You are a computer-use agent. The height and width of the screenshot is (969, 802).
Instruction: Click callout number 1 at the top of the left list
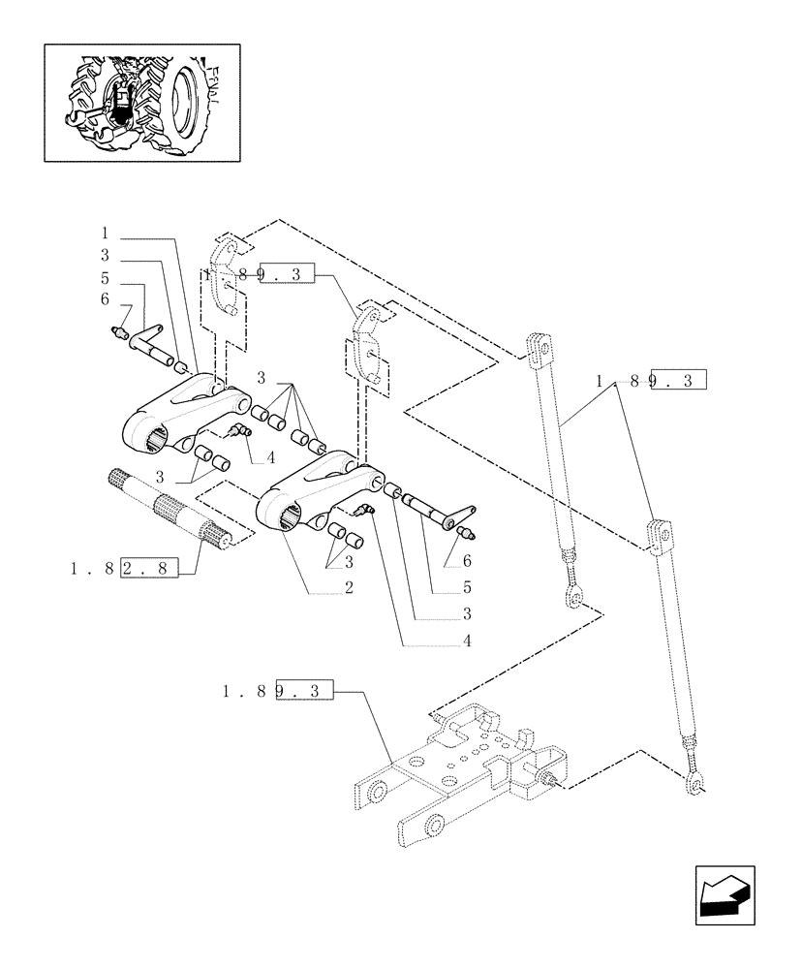[x=105, y=234]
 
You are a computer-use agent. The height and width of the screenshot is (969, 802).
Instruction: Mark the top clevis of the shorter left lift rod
[x=538, y=349]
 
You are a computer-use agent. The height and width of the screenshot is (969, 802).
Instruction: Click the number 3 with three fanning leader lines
[x=262, y=376]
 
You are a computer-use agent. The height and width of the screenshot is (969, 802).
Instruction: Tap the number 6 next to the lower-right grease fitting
[x=467, y=561]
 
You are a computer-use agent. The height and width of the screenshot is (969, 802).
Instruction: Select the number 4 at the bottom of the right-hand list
[x=467, y=641]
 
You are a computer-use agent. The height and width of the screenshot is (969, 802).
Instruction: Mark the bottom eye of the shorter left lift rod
[x=575, y=600]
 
